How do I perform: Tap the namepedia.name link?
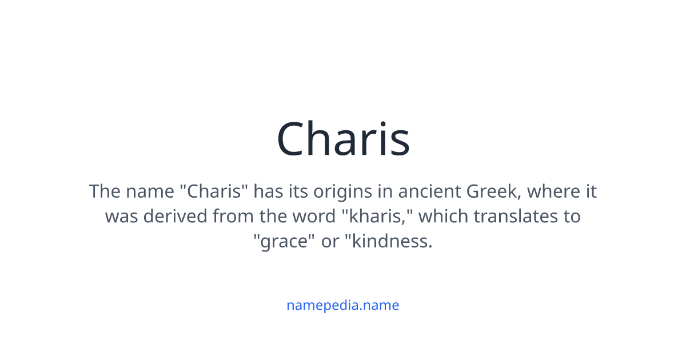(343, 305)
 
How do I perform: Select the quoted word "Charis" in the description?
(214, 191)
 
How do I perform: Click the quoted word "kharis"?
(381, 217)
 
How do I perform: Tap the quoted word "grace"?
(284, 242)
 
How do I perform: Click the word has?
(266, 191)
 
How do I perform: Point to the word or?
(330, 242)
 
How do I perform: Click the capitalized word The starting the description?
(105, 191)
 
